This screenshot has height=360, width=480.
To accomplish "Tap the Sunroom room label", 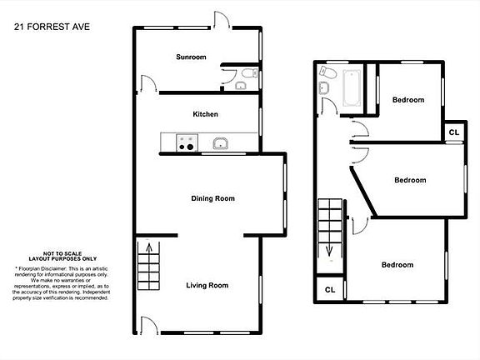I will click(x=190, y=57).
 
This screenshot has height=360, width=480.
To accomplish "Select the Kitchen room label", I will click(x=205, y=114).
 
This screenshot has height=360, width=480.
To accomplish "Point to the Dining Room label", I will click(x=212, y=198).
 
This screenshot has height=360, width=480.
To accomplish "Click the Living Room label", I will click(x=207, y=285).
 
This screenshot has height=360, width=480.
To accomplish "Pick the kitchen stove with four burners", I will click(x=185, y=145).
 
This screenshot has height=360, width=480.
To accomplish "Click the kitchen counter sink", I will click(x=221, y=144).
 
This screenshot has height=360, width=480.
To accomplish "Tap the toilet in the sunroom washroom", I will click(x=241, y=74).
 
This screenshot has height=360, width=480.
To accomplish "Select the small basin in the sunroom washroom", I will click(x=240, y=85).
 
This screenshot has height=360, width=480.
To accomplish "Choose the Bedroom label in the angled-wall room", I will click(x=410, y=180).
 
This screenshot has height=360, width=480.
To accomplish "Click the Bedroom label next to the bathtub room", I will click(x=408, y=100).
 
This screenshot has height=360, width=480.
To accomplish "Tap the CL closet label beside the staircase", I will click(x=330, y=290).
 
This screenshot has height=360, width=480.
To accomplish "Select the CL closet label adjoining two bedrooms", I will click(x=454, y=132).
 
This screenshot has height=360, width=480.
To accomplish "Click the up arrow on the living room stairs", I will click(x=150, y=247).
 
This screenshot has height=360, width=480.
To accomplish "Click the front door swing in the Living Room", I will click(x=147, y=326).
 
